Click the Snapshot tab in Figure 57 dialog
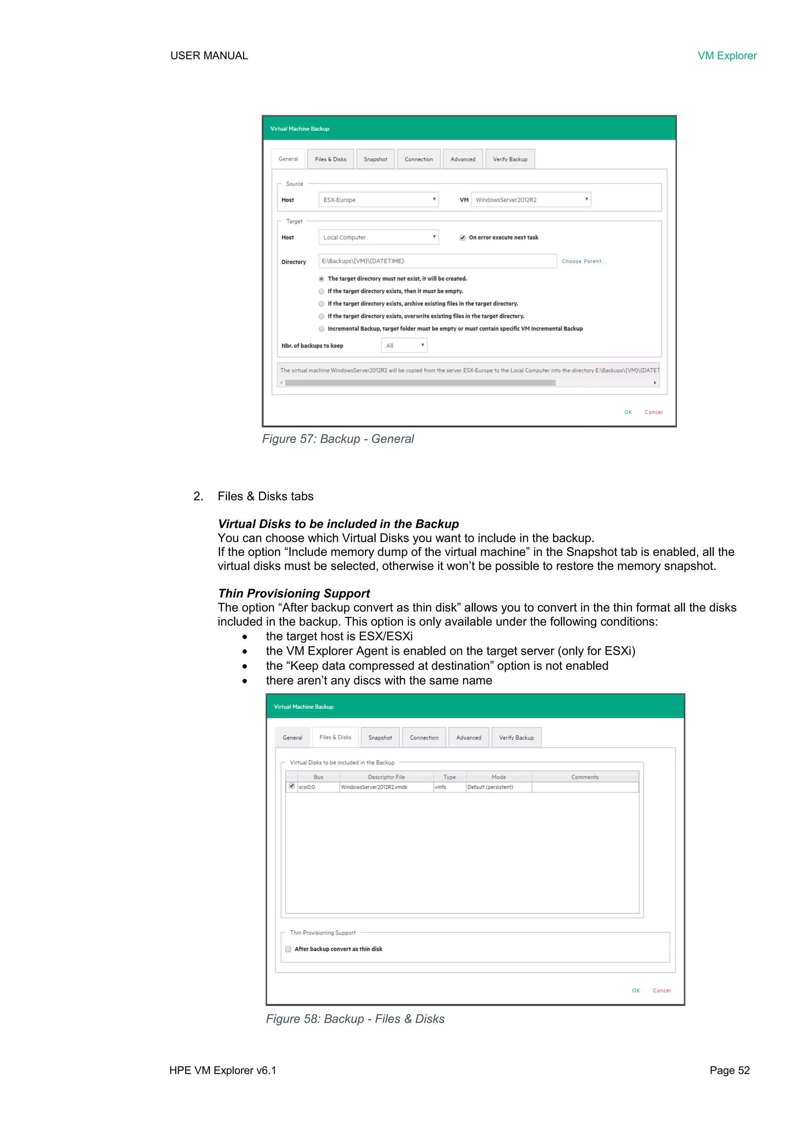(x=375, y=159)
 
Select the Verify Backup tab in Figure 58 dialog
(x=516, y=738)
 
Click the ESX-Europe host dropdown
(x=379, y=200)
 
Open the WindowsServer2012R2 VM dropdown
(x=530, y=200)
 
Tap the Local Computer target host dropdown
(x=379, y=237)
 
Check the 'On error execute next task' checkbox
(x=462, y=238)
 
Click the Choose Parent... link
(x=583, y=261)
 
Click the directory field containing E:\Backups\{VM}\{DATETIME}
(x=437, y=261)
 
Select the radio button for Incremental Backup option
(x=321, y=329)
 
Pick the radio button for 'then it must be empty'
(x=321, y=291)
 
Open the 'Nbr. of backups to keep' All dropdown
(x=404, y=345)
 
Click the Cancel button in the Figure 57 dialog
(x=653, y=412)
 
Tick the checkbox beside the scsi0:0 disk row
(x=292, y=786)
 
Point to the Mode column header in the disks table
(x=498, y=777)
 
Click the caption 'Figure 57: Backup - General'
(x=338, y=439)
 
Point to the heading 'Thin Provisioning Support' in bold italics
(x=294, y=593)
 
